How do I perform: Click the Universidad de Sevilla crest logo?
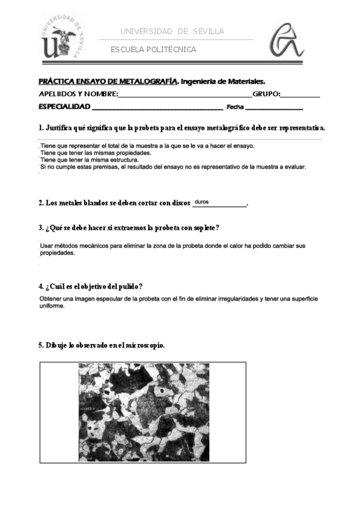click(x=61, y=35)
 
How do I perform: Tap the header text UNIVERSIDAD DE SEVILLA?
click(x=172, y=31)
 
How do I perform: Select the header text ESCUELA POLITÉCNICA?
click(x=153, y=49)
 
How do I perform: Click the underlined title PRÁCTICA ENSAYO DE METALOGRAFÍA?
click(x=108, y=81)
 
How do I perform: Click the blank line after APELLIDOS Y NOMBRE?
click(x=185, y=94)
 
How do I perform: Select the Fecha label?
click(x=234, y=108)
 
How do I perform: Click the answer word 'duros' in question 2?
click(x=202, y=202)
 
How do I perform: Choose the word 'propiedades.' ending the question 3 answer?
click(x=58, y=253)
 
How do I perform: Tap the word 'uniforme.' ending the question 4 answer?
click(x=52, y=306)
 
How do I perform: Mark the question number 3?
click(x=40, y=228)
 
